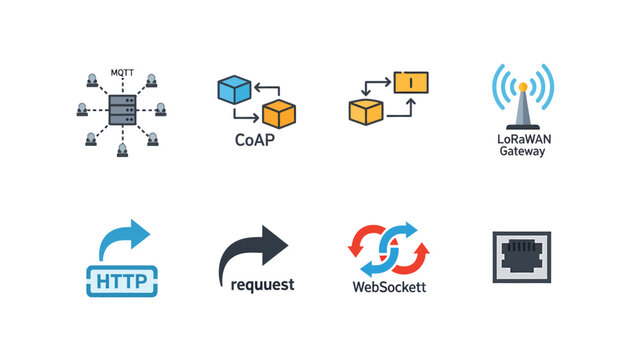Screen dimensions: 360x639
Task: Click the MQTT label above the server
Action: click(x=120, y=73)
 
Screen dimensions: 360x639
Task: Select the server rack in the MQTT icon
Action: click(x=121, y=112)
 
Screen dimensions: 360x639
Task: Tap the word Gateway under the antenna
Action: click(x=521, y=152)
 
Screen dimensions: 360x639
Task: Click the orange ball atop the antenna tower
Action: click(x=521, y=86)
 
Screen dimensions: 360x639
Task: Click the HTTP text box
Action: click(x=122, y=281)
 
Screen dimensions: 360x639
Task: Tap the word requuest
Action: click(x=262, y=285)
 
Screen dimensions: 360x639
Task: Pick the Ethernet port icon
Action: click(x=521, y=257)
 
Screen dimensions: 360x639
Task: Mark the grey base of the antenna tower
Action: click(x=521, y=124)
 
